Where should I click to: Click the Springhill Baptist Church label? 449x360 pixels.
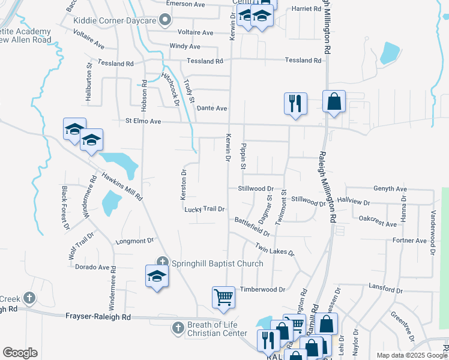[217, 263]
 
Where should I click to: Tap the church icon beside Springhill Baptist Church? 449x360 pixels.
[162, 262]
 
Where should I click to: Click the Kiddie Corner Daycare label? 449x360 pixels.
[115, 20]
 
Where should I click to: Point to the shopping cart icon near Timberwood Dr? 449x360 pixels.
[223, 297]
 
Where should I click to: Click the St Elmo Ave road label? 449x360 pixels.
[143, 121]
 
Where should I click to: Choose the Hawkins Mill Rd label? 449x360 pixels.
[121, 186]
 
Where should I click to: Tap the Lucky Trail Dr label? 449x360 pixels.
[205, 209]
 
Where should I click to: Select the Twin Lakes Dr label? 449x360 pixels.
[275, 249]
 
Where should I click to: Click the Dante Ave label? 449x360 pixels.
[212, 108]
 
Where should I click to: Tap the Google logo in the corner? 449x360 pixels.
[20, 353]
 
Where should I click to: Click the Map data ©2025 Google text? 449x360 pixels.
[412, 355]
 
